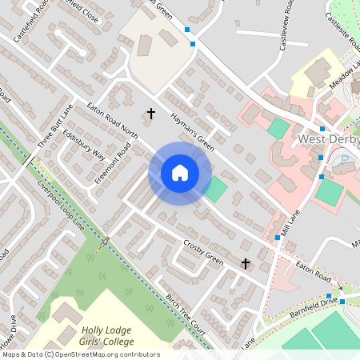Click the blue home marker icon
[179, 173]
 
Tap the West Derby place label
[328, 141]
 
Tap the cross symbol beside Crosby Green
[246, 263]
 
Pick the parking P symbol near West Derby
[345, 160]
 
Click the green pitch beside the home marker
[215, 189]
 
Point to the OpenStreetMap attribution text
[80, 354]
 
